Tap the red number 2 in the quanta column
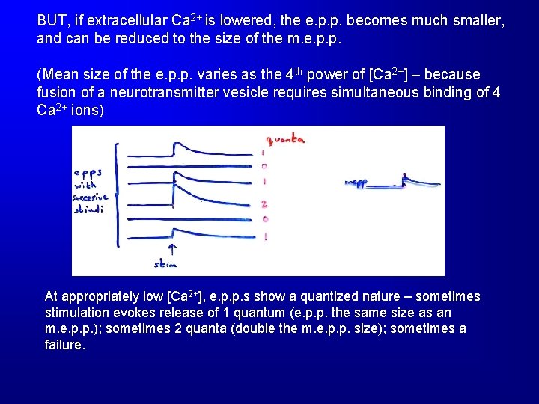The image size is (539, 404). point(264,203)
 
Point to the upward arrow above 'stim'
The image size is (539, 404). point(172,249)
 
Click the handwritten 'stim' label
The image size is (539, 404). point(165,264)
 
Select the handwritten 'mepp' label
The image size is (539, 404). point(358,183)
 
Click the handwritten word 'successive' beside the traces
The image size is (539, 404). point(91,198)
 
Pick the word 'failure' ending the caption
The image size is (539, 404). point(64,346)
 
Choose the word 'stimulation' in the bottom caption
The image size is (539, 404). point(79,313)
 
